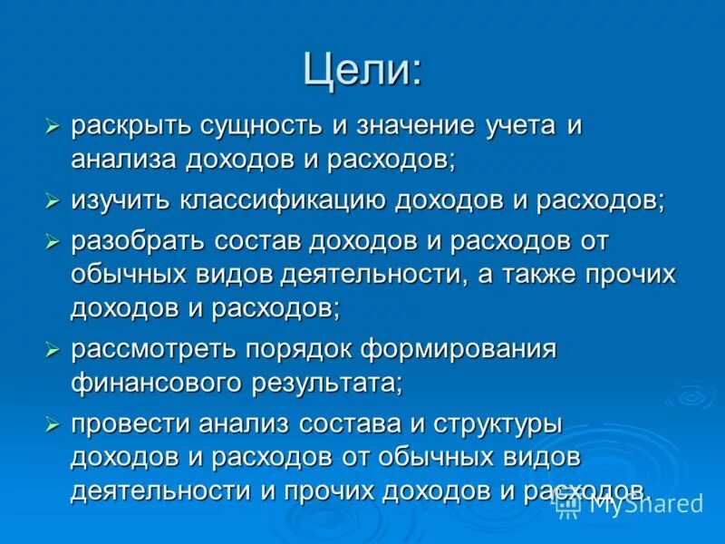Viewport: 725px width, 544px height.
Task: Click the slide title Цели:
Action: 362,69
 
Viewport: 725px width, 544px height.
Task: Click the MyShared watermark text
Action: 645,503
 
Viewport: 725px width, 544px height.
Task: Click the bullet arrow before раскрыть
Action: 53,126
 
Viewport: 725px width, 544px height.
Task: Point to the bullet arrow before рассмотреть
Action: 53,349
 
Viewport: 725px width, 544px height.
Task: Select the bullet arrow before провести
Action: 53,423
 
